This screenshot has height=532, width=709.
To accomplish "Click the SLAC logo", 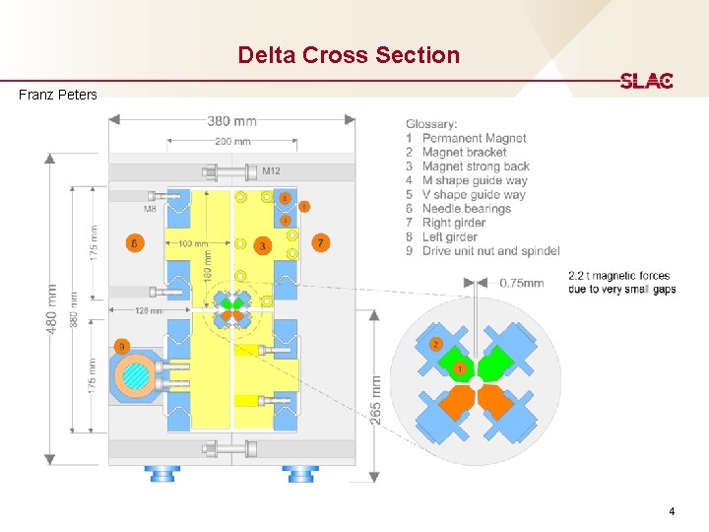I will pyautogui.click(x=646, y=82).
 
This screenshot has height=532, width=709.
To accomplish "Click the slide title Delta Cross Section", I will pyautogui.click(x=349, y=55).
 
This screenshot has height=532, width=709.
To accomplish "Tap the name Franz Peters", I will pyautogui.click(x=58, y=96).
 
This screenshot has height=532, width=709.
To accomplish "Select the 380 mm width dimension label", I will pyautogui.click(x=232, y=121).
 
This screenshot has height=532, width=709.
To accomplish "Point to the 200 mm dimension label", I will pyautogui.click(x=232, y=142).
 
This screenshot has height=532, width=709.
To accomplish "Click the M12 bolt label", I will pyautogui.click(x=271, y=171).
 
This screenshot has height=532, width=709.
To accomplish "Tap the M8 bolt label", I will pyautogui.click(x=150, y=209).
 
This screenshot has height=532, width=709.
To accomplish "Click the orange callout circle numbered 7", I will pyautogui.click(x=320, y=242).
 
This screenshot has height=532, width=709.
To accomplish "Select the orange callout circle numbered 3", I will pyautogui.click(x=262, y=244).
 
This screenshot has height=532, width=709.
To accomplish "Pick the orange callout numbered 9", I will pyautogui.click(x=121, y=346).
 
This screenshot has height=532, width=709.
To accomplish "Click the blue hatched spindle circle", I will pyautogui.click(x=133, y=377).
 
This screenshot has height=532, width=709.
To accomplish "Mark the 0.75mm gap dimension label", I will pyautogui.click(x=521, y=283).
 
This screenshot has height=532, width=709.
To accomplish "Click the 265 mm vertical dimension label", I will pyautogui.click(x=376, y=398).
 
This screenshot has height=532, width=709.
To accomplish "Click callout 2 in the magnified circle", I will pyautogui.click(x=435, y=344).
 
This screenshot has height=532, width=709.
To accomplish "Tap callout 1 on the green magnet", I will pyautogui.click(x=459, y=367).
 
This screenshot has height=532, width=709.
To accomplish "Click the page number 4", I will pyautogui.click(x=672, y=511).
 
